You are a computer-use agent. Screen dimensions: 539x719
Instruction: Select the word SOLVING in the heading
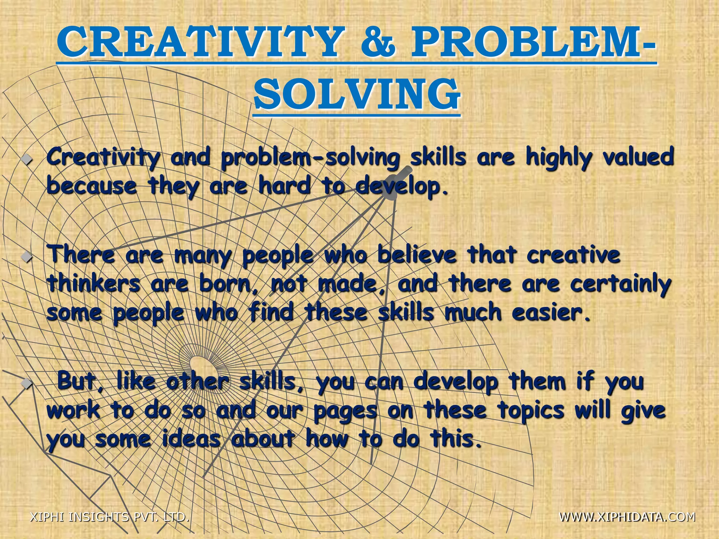[357, 94]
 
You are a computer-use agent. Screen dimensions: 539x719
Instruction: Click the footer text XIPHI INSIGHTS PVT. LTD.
[110, 517]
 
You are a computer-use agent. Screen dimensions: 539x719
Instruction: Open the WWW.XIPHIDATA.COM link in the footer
[627, 517]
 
